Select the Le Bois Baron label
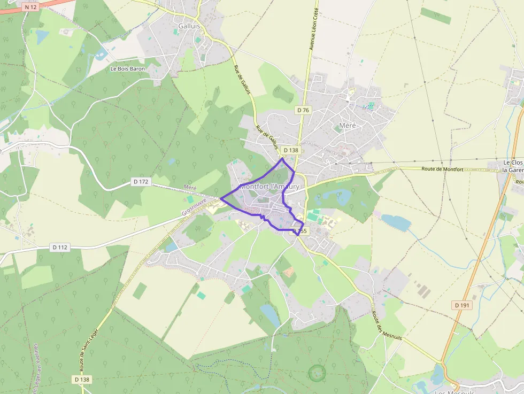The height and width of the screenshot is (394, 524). (127, 69)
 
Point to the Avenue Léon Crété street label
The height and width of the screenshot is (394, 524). (314, 29)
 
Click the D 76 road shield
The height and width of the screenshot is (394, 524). (303, 110)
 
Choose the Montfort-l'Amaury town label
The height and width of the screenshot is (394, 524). (269, 187)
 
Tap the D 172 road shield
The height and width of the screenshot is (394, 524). (141, 182)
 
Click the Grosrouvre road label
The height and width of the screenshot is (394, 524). (194, 206)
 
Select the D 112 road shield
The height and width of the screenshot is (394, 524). (60, 247)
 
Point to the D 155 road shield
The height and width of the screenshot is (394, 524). (300, 231)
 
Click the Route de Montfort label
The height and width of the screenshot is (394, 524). (442, 169)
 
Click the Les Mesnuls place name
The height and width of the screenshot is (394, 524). (454, 392)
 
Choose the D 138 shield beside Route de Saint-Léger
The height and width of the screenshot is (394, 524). (82, 379)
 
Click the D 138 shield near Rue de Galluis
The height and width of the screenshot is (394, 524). (290, 150)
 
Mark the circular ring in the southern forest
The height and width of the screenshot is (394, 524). (317, 373)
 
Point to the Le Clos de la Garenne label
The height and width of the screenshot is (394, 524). (512, 166)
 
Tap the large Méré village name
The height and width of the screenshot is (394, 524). (347, 126)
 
